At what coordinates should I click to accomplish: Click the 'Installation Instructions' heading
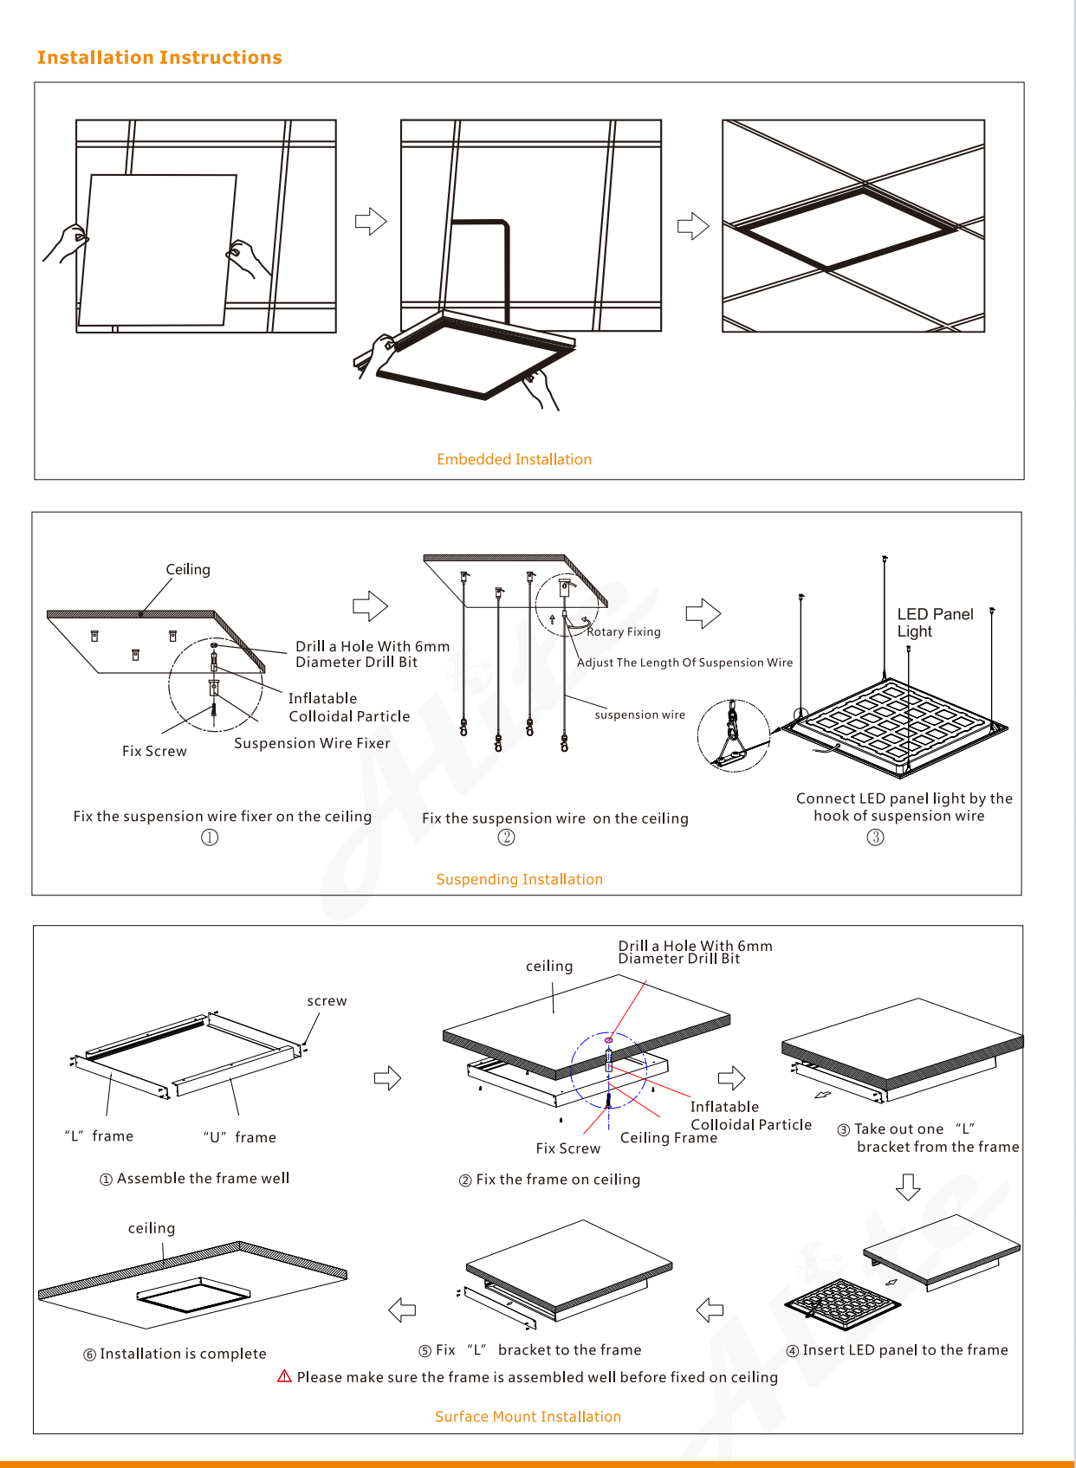pyautogui.click(x=159, y=58)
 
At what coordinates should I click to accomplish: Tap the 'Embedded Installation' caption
pyautogui.click(x=514, y=459)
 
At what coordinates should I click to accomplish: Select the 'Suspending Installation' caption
pyautogui.click(x=519, y=879)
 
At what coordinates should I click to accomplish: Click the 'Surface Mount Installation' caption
pyautogui.click(x=528, y=1416)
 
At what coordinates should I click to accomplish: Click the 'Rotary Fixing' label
pyautogui.click(x=624, y=631)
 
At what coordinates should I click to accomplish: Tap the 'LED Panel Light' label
pyautogui.click(x=935, y=623)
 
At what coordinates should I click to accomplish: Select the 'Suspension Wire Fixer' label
pyautogui.click(x=312, y=743)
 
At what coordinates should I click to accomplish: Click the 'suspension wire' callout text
pyautogui.click(x=640, y=715)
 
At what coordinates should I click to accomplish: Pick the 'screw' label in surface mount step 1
pyautogui.click(x=327, y=1000)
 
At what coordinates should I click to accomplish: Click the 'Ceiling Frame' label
pyautogui.click(x=669, y=1138)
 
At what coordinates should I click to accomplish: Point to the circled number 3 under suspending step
pyautogui.click(x=875, y=837)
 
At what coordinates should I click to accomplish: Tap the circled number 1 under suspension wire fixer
pyautogui.click(x=209, y=837)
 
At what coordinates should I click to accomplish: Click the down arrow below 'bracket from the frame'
pyautogui.click(x=908, y=1187)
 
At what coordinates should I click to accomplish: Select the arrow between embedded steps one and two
pyautogui.click(x=371, y=221)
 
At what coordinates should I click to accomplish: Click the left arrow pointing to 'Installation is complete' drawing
pyautogui.click(x=402, y=1310)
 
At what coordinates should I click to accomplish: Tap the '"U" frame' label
pyautogui.click(x=239, y=1138)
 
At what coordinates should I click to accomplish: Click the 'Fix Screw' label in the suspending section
pyautogui.click(x=154, y=751)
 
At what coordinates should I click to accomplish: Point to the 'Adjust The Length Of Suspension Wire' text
pyautogui.click(x=684, y=663)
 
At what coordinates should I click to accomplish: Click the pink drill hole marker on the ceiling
pyautogui.click(x=608, y=1040)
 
